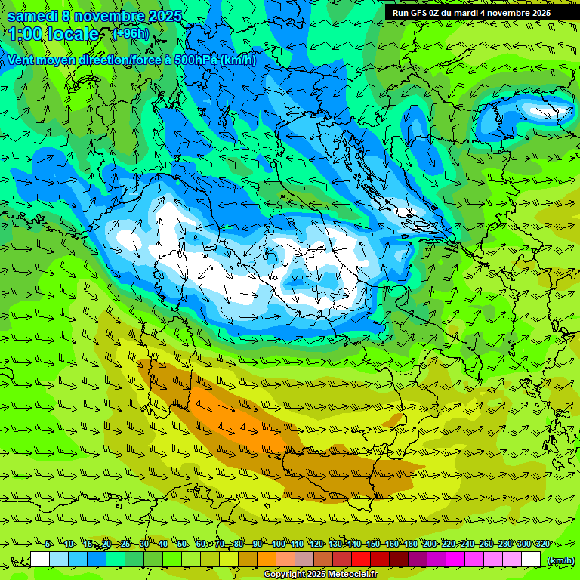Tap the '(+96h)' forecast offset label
click(x=131, y=33)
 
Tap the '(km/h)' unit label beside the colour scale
click(x=560, y=560)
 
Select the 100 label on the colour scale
click(x=279, y=545)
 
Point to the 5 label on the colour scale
click(x=48, y=545)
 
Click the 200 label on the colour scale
click(x=430, y=545)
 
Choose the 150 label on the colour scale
click(x=373, y=545)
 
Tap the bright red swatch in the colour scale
click(x=361, y=560)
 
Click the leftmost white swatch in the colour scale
click(x=40, y=560)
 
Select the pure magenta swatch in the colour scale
click(x=455, y=560)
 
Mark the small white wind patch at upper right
click(x=545, y=113)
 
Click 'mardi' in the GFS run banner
click(x=472, y=12)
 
